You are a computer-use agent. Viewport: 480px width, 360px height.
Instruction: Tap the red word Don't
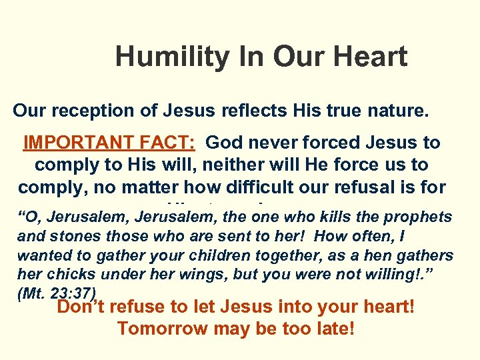82,307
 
